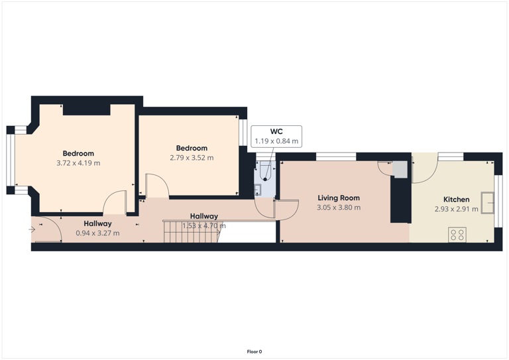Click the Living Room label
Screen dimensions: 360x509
coord(338,198)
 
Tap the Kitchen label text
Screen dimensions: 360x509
coord(456,199)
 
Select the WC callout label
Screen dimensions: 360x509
coord(276,132)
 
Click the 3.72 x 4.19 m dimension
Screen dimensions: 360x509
coord(78,163)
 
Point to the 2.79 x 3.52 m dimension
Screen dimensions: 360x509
coord(192,158)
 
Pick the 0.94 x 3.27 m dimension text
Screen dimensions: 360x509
coord(97,233)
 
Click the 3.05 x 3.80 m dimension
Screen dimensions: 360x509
coord(338,208)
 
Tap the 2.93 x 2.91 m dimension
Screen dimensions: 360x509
coord(456,209)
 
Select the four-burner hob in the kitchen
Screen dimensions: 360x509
coord(457,235)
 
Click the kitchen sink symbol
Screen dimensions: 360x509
coord(488,203)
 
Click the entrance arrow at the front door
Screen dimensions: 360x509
coord(32,229)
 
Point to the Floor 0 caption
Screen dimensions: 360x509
coord(254,351)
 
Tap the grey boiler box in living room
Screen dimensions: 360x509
coord(400,169)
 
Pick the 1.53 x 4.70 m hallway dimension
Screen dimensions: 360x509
coord(204,225)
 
